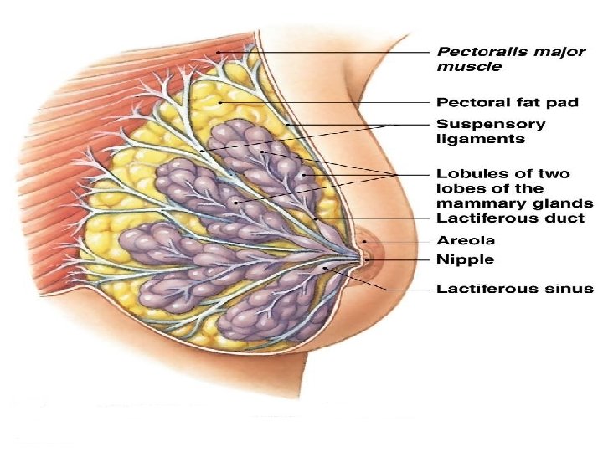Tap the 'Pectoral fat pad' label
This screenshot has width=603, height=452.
click(508, 103)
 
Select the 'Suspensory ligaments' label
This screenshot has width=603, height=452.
click(492, 131)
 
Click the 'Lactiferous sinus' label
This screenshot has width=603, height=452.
click(515, 289)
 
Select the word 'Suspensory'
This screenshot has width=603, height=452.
click(492, 124)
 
